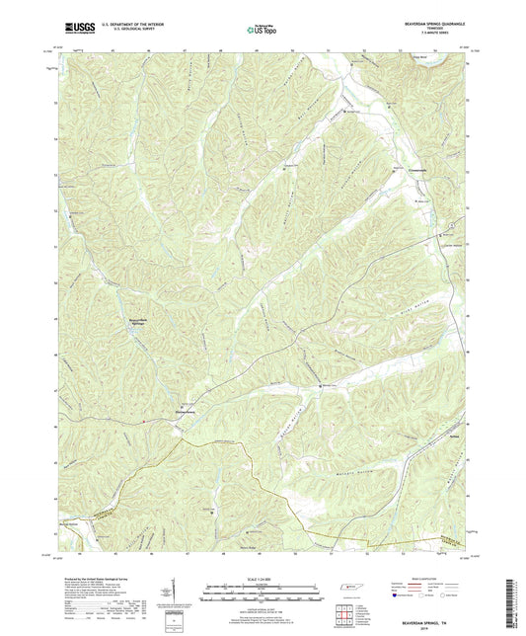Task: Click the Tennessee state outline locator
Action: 349,588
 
